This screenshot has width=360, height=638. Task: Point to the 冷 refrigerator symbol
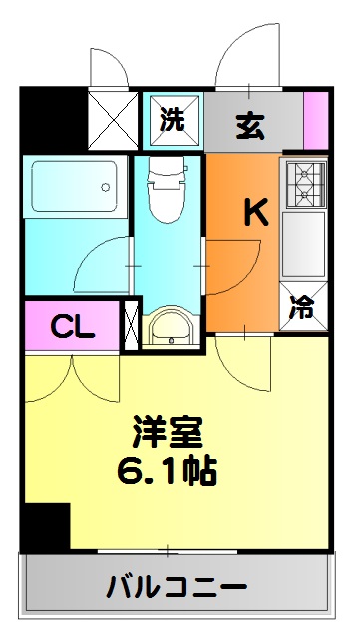pyautogui.click(x=302, y=309)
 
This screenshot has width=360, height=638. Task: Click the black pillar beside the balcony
pyautogui.click(x=46, y=525)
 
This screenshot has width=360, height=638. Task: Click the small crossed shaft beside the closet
pyautogui.click(x=130, y=326)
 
